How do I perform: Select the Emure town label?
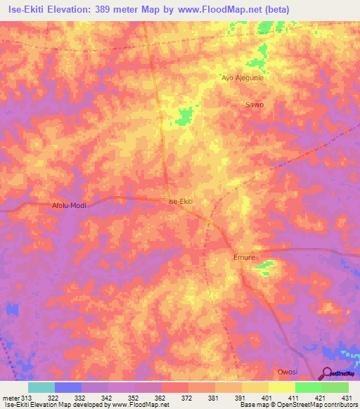pyautogui.click(x=244, y=258)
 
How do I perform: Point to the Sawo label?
pyautogui.click(x=255, y=105)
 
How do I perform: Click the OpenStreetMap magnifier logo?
pyautogui.click(x=328, y=374)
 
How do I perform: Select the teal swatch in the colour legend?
pyautogui.click(x=41, y=387)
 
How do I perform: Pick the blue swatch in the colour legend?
pyautogui.click(x=68, y=387)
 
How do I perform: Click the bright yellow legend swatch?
pyautogui.click(x=281, y=387)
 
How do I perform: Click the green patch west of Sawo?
pyautogui.click(x=185, y=117)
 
